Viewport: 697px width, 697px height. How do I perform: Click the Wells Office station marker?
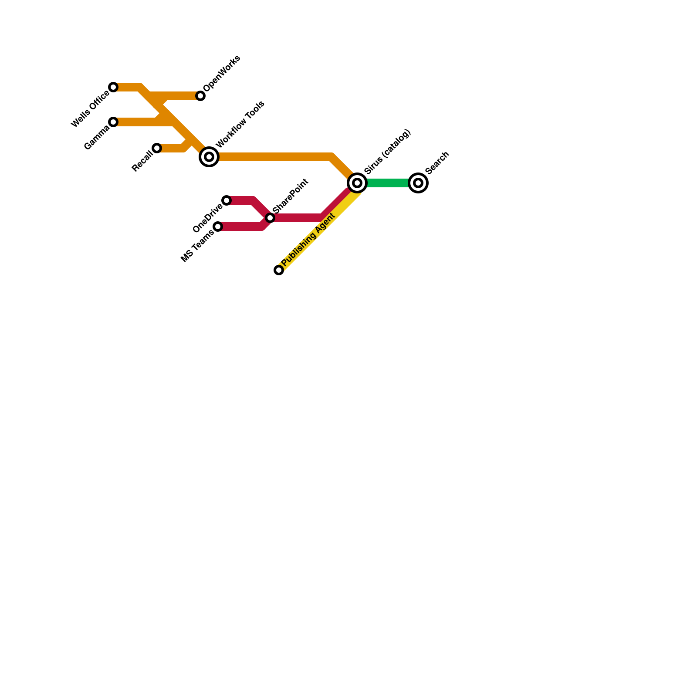[x=113, y=87]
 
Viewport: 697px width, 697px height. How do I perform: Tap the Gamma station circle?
[x=113, y=122]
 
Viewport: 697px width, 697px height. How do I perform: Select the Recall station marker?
[x=157, y=148]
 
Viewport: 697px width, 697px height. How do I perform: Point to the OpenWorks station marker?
[x=200, y=96]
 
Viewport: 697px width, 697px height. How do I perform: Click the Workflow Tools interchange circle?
[x=209, y=157]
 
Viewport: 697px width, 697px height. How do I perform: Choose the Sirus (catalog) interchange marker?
[x=357, y=183]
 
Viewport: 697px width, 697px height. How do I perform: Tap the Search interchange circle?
[x=418, y=183]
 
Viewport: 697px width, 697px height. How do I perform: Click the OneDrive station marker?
[x=227, y=200]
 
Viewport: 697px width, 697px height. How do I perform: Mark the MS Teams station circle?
[x=218, y=227]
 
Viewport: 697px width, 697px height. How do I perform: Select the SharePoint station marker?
[x=270, y=218]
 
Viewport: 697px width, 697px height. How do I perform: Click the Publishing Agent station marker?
[x=279, y=270]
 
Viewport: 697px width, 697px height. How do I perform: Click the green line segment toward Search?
[x=388, y=183]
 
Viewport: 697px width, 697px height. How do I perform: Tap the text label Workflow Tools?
[x=240, y=124]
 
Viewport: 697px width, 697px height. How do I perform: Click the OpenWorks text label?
[x=221, y=74]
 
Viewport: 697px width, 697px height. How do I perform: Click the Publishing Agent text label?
[x=308, y=240]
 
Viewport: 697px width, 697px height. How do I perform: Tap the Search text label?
[x=437, y=163]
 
